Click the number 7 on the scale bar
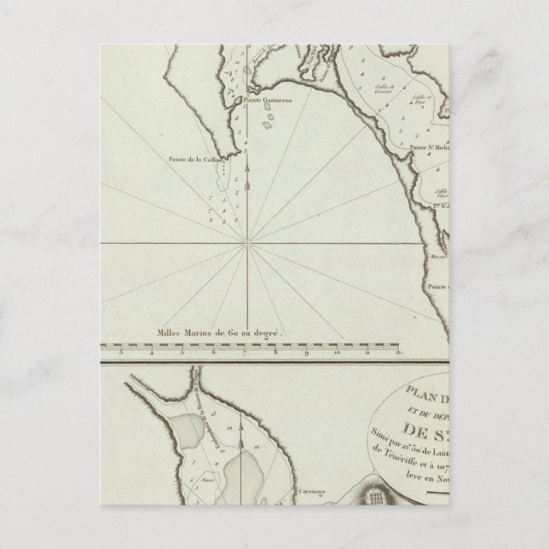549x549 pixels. click(x=245, y=350)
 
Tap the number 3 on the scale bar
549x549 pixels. click(x=122, y=350)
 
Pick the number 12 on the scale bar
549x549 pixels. click(x=397, y=350)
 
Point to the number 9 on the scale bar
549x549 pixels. click(x=306, y=350)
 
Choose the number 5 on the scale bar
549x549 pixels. click(x=183, y=350)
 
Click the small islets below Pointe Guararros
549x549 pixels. click(x=269, y=121)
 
